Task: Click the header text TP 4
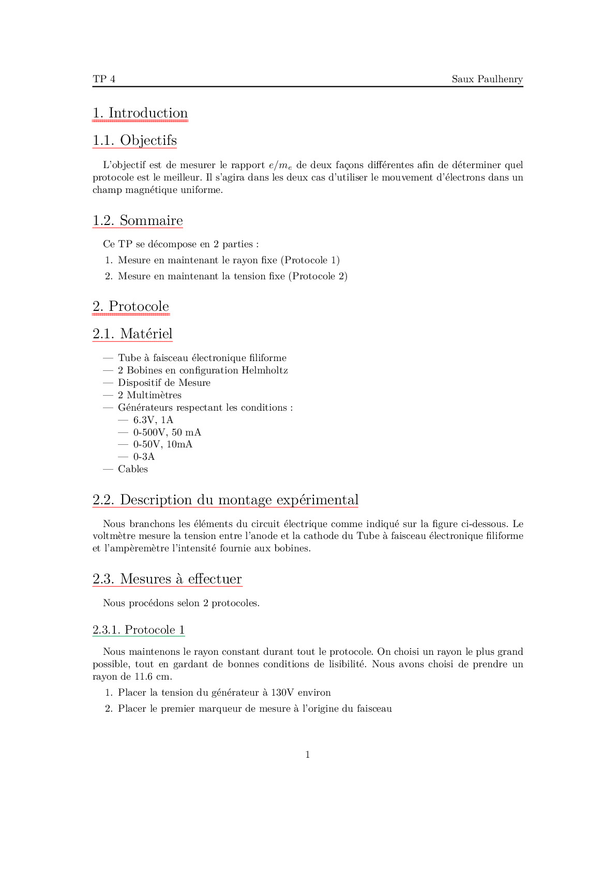104,79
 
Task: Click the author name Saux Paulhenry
487,79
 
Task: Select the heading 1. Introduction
140,113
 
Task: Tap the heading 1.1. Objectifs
134,141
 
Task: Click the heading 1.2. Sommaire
138,221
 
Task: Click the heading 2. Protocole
131,307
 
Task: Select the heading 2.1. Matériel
132,334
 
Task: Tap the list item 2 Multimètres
149,395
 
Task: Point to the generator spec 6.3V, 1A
153,420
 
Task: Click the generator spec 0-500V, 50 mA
167,432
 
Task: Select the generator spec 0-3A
144,457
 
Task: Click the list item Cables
133,469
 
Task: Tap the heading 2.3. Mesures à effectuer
167,579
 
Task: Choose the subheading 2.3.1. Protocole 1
139,630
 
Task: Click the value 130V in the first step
282,693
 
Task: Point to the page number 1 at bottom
308,755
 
